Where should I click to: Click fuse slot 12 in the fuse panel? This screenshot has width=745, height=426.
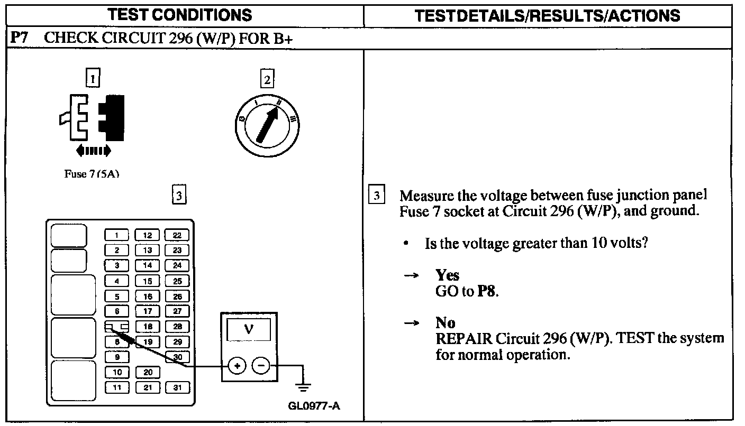click(148, 235)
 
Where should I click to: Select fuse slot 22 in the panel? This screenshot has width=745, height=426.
click(177, 235)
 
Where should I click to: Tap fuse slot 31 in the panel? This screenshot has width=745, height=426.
click(177, 387)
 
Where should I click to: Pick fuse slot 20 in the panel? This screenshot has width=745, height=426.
click(148, 372)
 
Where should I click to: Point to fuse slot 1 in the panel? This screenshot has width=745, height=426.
click(117, 235)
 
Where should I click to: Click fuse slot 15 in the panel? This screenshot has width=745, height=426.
click(148, 281)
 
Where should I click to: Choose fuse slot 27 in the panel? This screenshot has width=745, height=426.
click(177, 311)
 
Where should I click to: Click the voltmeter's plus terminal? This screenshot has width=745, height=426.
click(237, 365)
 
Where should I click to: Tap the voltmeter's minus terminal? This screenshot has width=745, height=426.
click(260, 365)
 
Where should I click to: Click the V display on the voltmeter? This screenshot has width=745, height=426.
click(249, 330)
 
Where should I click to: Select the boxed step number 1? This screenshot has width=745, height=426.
click(93, 79)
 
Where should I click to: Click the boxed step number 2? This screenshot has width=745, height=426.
click(267, 79)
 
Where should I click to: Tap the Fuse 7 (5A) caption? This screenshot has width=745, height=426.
click(91, 174)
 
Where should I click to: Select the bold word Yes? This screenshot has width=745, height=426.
click(447, 275)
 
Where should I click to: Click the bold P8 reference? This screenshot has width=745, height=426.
click(487, 291)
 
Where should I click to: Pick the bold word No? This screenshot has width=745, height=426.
click(446, 322)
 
